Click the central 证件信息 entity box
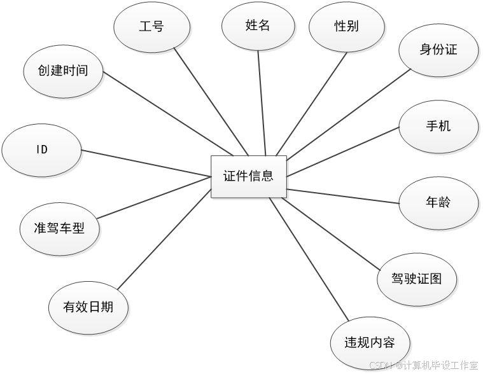pyautogui.click(x=249, y=176)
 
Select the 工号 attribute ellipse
pyautogui.click(x=151, y=27)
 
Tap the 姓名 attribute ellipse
pyautogui.click(x=258, y=25)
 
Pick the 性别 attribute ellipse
pyautogui.click(x=347, y=27)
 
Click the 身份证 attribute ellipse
pyautogui.click(x=438, y=50)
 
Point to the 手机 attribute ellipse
pyautogui.click(x=438, y=126)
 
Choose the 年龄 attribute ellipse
pyautogui.click(x=438, y=204)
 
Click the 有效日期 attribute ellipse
pyautogui.click(x=88, y=308)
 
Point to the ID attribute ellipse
pyautogui.click(x=42, y=150)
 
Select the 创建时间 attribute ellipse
pyautogui.click(x=63, y=71)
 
